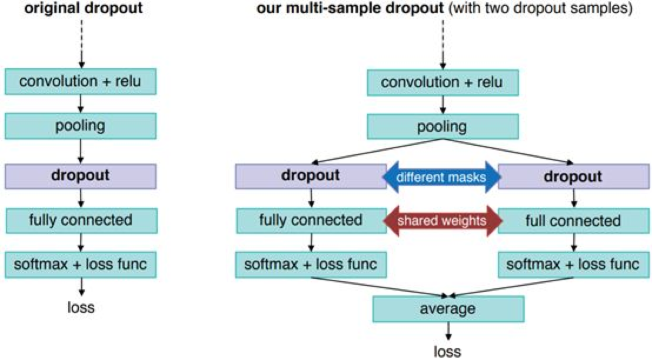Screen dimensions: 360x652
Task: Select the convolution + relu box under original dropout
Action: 81,81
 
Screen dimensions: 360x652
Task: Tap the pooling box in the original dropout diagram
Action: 81,126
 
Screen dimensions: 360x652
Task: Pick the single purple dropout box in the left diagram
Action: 81,175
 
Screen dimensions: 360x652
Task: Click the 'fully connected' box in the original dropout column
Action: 81,221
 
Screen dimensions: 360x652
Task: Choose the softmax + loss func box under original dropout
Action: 81,265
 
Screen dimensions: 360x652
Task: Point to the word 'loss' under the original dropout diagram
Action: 81,306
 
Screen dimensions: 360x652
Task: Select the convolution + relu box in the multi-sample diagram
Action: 442,82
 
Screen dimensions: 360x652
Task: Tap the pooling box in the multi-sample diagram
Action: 442,126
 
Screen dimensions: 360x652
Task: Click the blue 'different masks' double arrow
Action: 441,176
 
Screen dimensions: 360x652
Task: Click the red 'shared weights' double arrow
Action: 441,221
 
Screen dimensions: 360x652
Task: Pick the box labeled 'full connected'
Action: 572,221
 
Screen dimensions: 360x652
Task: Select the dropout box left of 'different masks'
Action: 310,176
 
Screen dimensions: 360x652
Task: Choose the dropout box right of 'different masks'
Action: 572,176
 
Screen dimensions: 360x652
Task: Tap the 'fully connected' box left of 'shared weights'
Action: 311,221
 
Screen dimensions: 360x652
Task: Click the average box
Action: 448,308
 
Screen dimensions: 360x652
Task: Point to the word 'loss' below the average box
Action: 448,351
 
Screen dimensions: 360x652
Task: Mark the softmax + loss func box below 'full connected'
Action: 573,265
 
